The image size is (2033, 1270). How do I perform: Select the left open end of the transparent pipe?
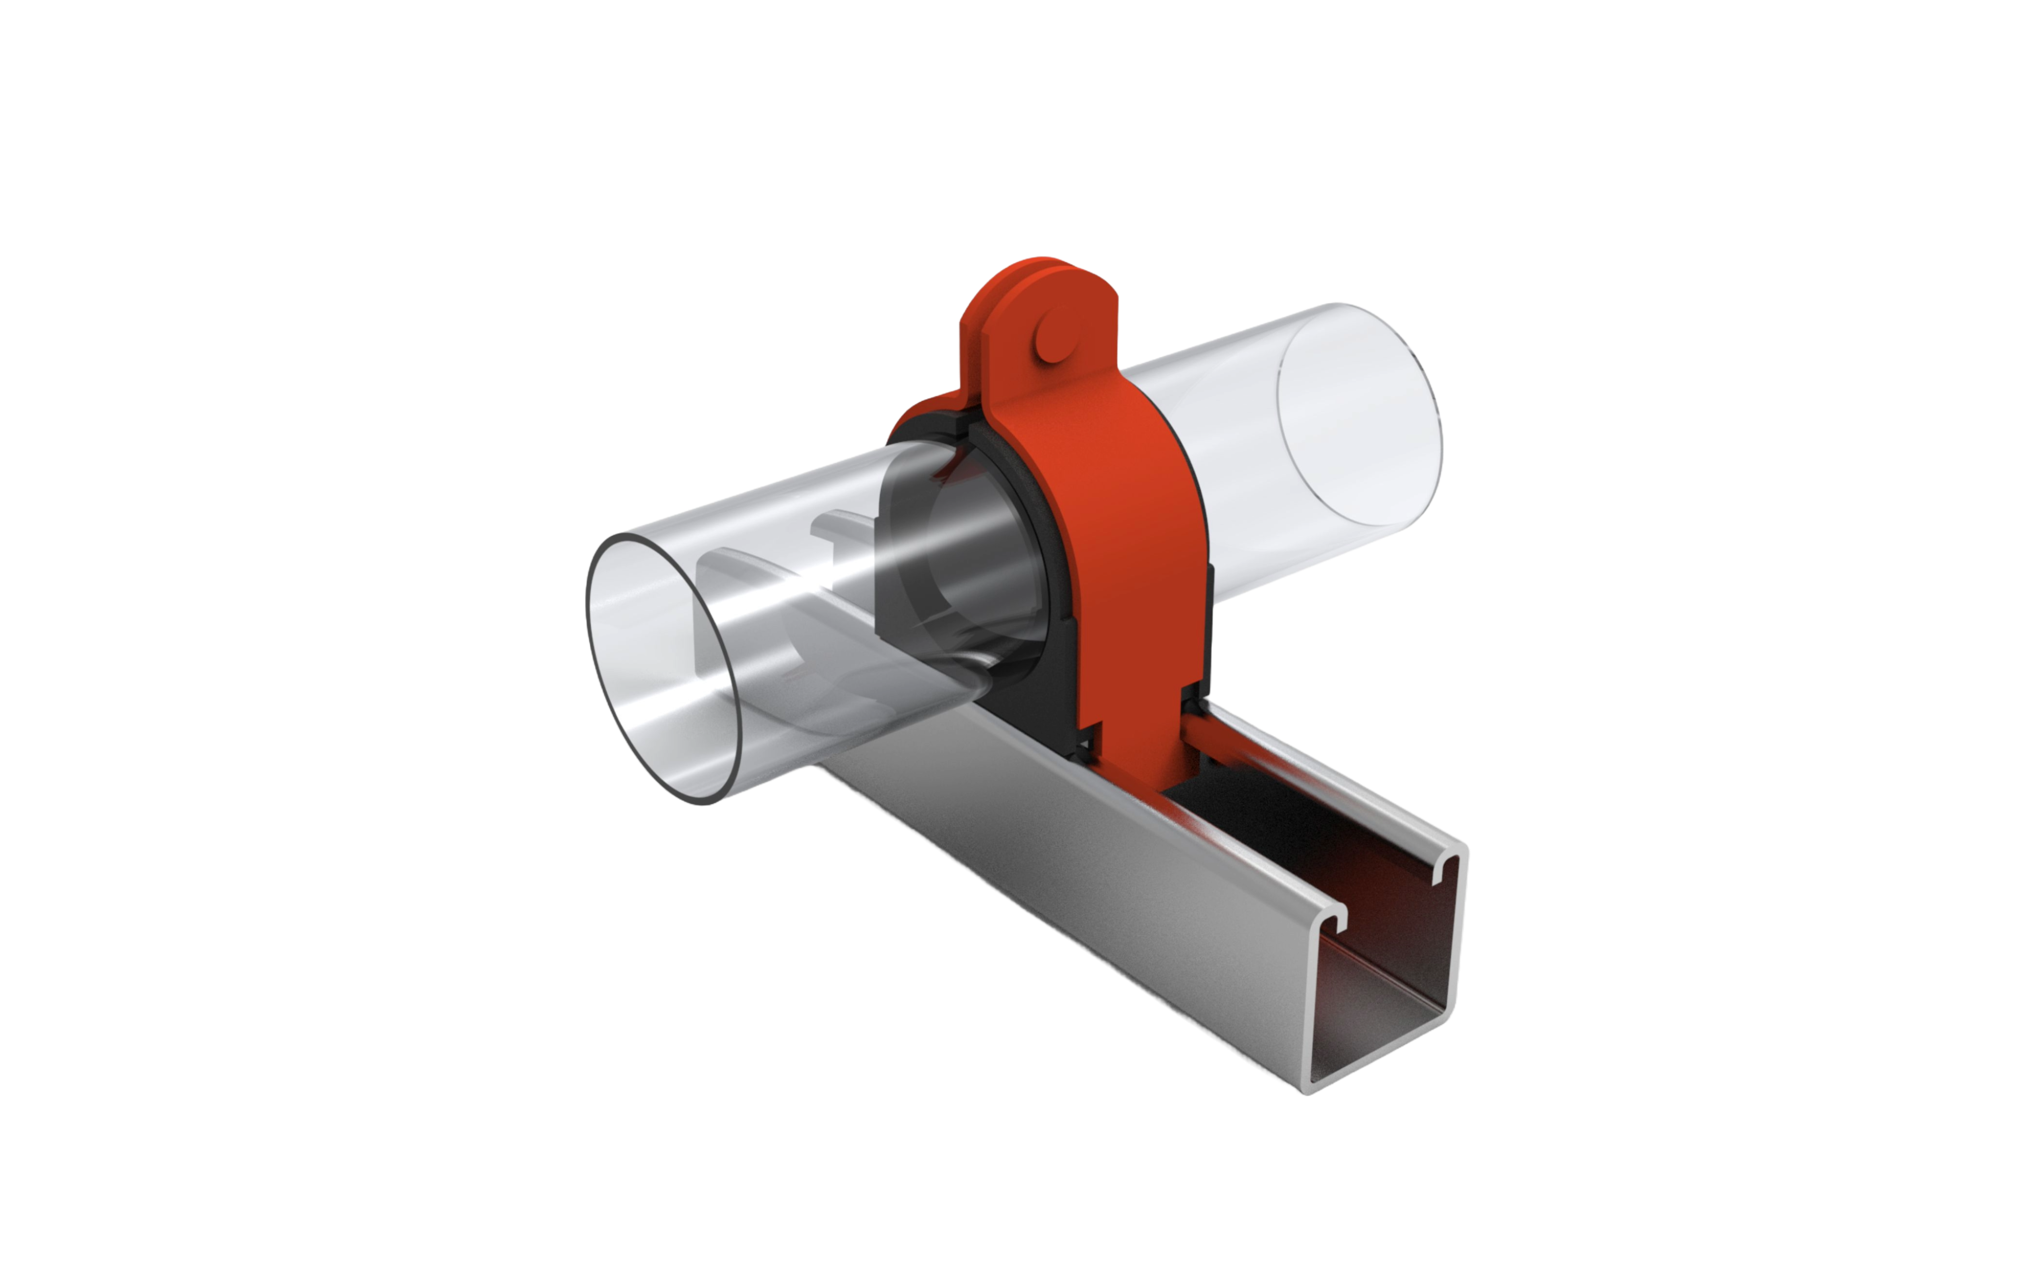(x=655, y=672)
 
